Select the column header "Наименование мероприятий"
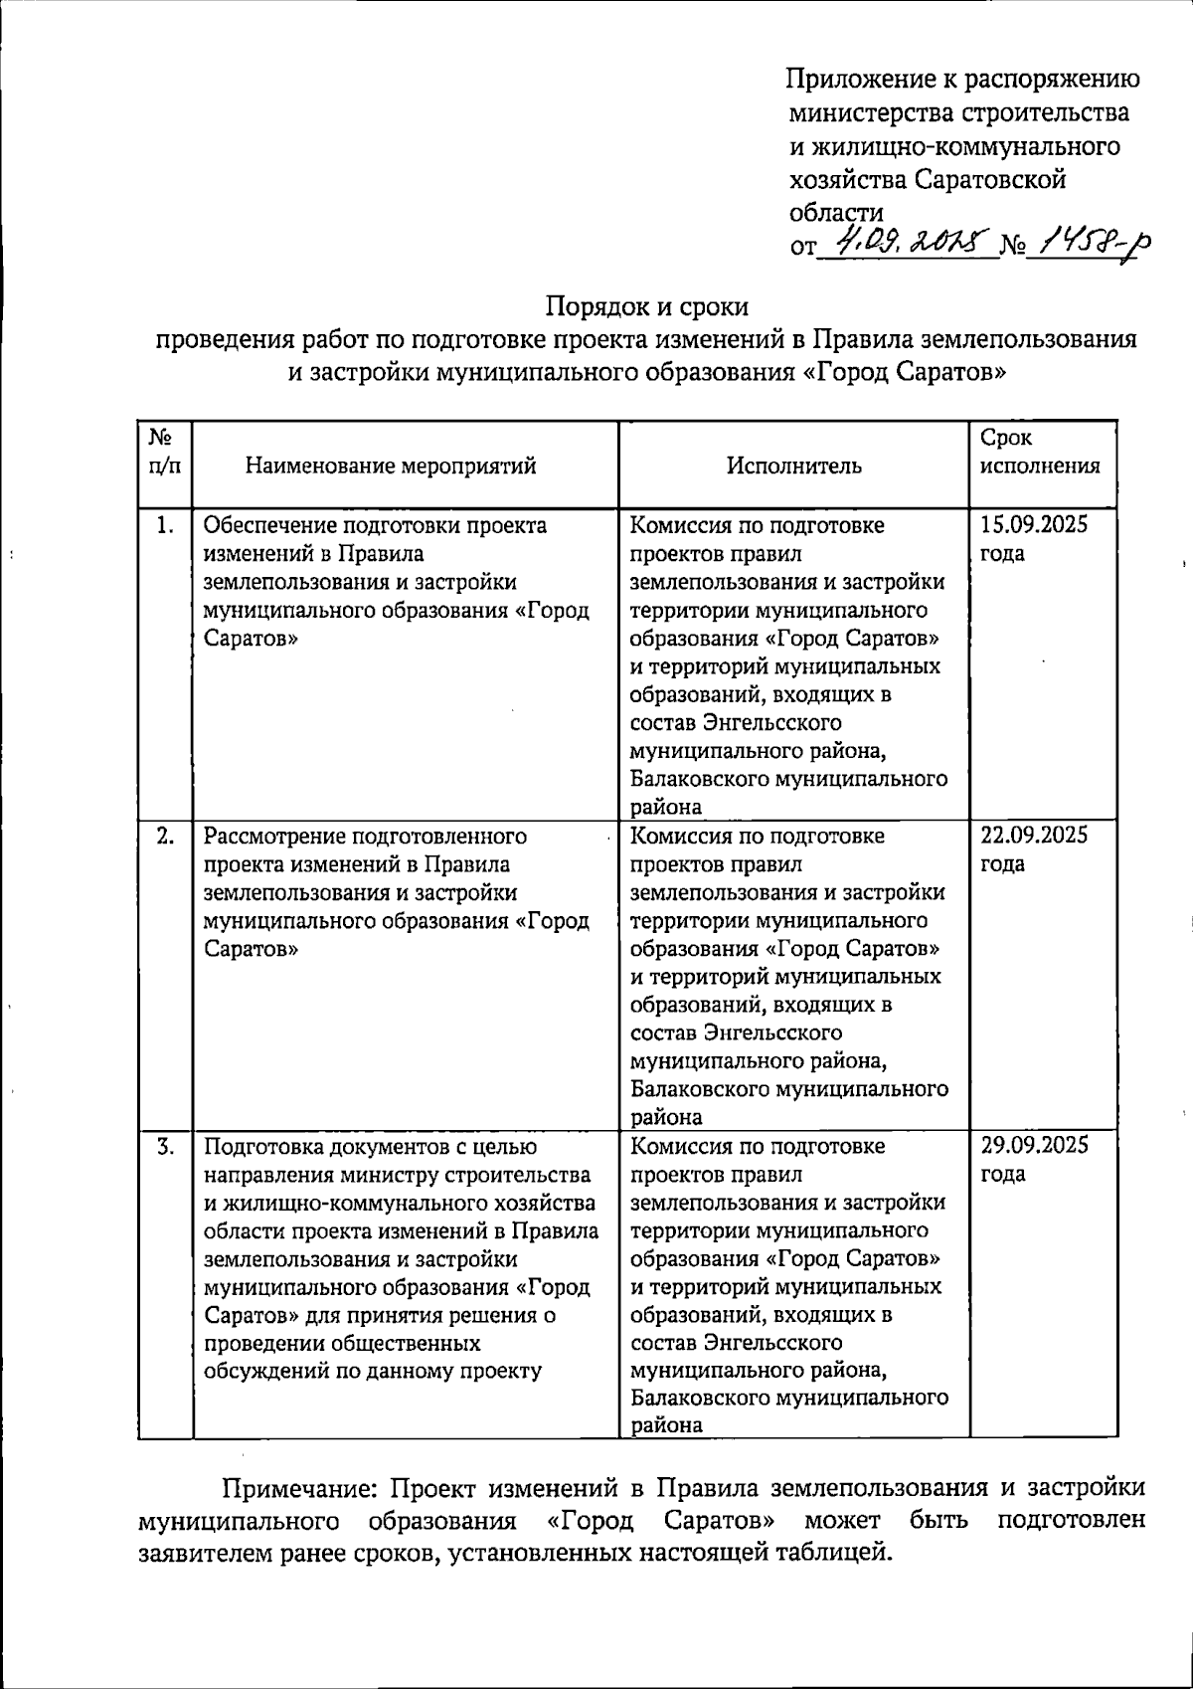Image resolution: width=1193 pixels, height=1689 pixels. point(391,466)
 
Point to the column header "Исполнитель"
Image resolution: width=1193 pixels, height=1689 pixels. point(793,466)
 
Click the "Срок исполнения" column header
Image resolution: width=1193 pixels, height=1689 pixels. point(1040,452)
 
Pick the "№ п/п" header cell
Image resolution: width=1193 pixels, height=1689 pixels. point(164,452)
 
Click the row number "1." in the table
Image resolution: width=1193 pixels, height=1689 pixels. point(165,525)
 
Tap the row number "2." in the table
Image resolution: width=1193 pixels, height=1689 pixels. point(165,836)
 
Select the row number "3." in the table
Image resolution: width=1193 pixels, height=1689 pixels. point(165,1146)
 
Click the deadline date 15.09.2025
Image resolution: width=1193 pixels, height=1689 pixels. point(1034,525)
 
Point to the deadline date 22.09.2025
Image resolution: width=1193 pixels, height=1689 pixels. point(1034,836)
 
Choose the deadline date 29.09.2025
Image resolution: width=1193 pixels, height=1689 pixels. point(1034,1146)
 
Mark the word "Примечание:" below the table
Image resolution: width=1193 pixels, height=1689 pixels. point(297,1489)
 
